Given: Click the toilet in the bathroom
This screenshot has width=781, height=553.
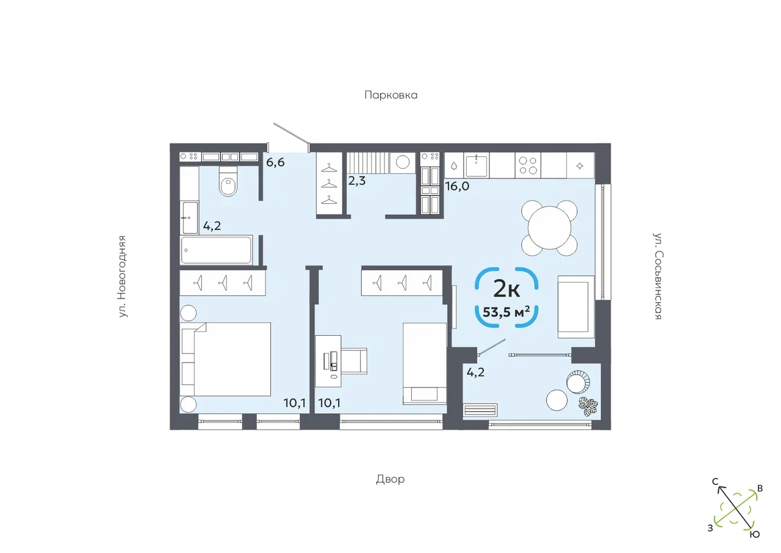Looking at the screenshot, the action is (228, 181).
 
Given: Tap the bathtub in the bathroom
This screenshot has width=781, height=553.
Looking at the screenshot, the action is (216, 250).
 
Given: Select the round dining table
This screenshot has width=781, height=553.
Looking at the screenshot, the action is (549, 228).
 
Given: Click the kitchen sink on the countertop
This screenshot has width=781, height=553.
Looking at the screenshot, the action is (477, 165).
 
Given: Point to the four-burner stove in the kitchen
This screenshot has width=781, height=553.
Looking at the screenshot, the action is (528, 165).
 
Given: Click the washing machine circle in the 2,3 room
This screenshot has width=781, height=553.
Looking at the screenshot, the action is (403, 162).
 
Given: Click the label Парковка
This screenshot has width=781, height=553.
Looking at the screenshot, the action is (391, 95).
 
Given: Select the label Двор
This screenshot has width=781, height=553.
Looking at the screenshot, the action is (390, 479).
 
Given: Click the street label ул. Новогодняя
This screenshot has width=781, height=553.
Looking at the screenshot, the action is (121, 276).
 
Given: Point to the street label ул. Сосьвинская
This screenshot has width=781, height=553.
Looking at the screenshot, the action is (657, 276).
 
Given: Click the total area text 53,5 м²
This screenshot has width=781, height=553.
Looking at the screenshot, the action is (506, 312).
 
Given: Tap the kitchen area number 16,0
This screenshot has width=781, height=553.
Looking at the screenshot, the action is (457, 186).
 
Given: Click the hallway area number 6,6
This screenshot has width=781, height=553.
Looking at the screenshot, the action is (275, 162).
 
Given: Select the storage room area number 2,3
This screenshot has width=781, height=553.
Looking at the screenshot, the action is (357, 181).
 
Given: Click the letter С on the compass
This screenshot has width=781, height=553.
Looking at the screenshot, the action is (715, 482).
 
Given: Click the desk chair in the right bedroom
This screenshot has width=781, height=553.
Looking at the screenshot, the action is (354, 361).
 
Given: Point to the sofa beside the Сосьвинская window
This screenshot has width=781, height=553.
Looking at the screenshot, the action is (576, 307).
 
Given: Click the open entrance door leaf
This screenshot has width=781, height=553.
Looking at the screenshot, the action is (292, 134).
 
